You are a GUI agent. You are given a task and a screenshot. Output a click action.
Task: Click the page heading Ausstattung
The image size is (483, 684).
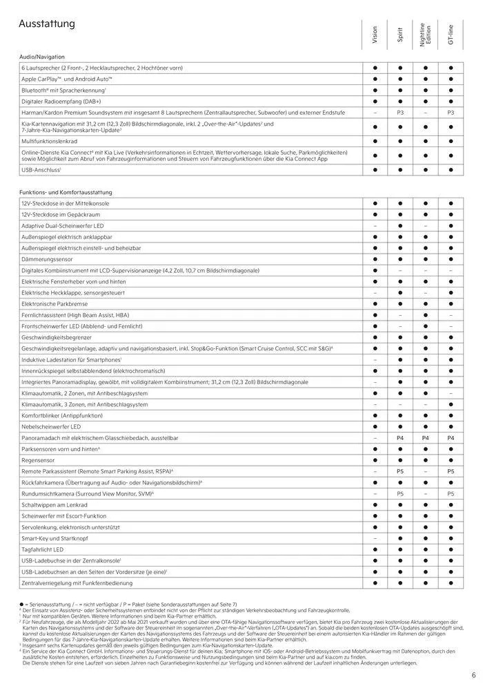point(47,24)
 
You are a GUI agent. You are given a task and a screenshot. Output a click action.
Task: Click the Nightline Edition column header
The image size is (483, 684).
point(425,35)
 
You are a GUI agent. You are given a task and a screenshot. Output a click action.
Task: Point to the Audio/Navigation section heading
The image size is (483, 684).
point(42,57)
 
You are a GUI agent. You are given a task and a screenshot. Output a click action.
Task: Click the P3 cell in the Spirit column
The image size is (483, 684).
point(400,112)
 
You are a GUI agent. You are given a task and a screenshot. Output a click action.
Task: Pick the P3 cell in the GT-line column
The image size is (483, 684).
point(451,112)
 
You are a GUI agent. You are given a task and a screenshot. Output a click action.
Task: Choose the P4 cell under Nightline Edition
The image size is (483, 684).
point(425,438)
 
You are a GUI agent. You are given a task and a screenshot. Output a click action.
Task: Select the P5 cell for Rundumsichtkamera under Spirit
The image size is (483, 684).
point(400,494)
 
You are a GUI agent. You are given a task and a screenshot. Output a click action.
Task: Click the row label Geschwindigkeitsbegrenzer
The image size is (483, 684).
point(58,337)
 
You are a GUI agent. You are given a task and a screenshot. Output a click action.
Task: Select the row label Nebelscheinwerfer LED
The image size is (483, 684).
point(52,427)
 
